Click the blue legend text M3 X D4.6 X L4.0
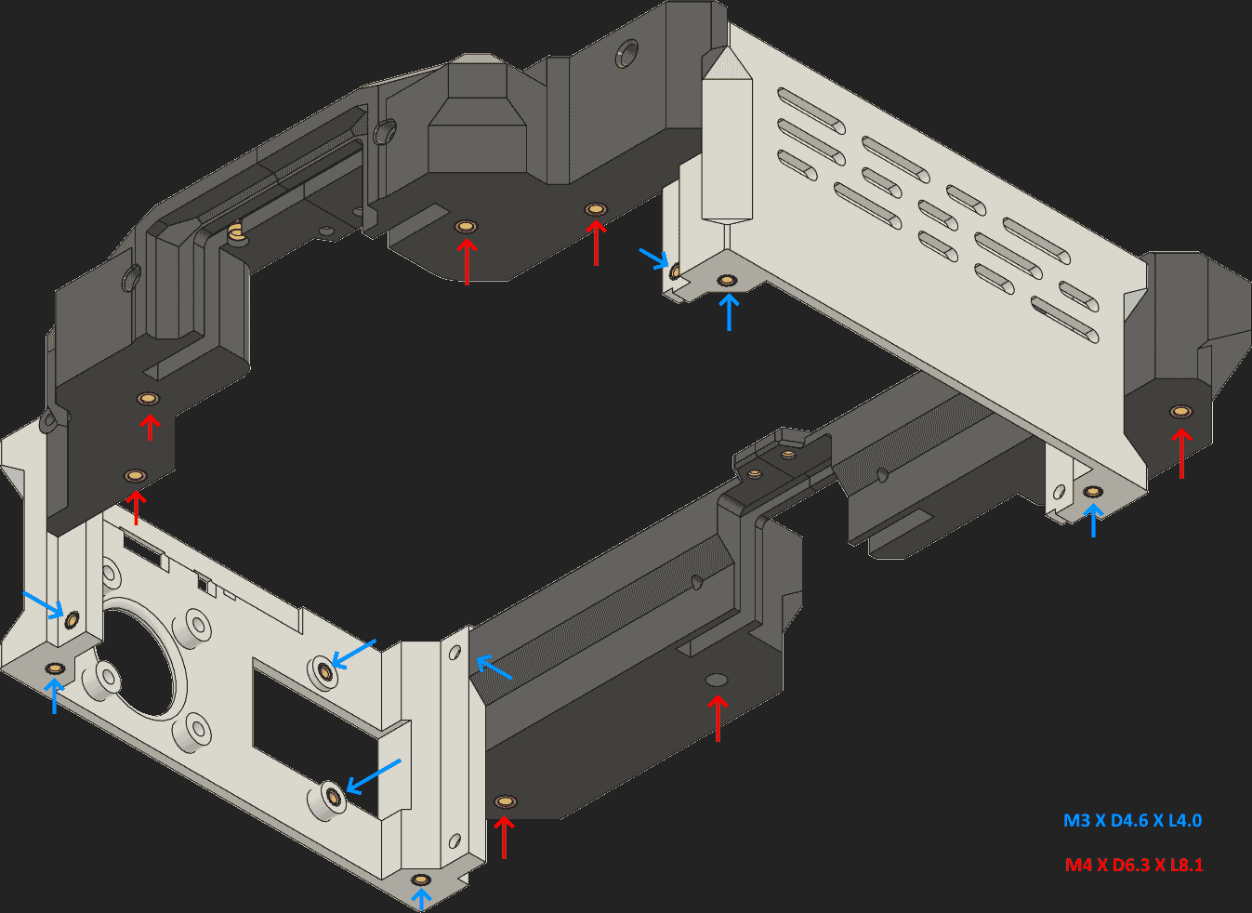pyautogui.click(x=1132, y=821)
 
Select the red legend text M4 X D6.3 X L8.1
pyautogui.click(x=1133, y=865)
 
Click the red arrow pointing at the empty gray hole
pyautogui.click(x=717, y=717)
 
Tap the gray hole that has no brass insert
pyautogui.click(x=717, y=680)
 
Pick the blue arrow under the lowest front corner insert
pyautogui.click(x=421, y=898)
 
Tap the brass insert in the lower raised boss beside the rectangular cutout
pyautogui.click(x=332, y=796)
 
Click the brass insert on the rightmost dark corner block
pyautogui.click(x=1180, y=411)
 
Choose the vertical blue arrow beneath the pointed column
pyautogui.click(x=729, y=311)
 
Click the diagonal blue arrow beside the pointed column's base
pyautogui.click(x=654, y=258)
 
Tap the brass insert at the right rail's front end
pyautogui.click(x=505, y=801)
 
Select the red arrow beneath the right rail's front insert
pyautogui.click(x=504, y=836)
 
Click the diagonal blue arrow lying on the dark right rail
pyautogui.click(x=494, y=668)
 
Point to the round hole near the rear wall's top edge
pyautogui.click(x=628, y=52)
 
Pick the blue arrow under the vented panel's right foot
pyautogui.click(x=1093, y=520)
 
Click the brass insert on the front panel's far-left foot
pyautogui.click(x=55, y=668)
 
